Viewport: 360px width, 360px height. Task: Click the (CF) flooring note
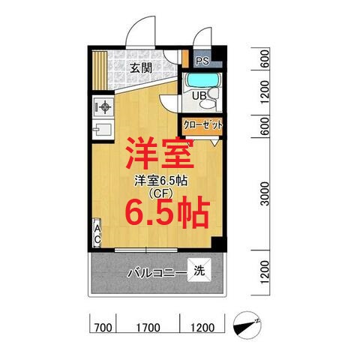point(160,193)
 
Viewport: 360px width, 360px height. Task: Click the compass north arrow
point(247,325)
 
